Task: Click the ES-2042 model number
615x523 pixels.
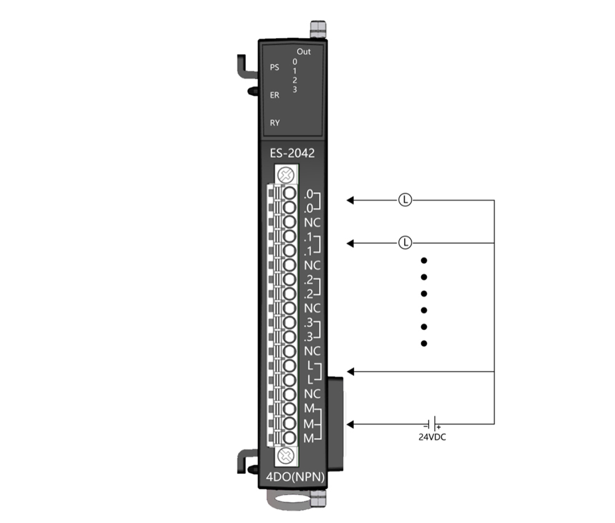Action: coord(292,153)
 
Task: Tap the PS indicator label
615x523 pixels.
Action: coord(274,68)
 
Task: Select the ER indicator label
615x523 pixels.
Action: coord(274,95)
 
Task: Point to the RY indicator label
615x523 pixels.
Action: coord(274,123)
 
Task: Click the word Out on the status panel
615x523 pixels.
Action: coord(304,52)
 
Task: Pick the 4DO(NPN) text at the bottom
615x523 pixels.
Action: coord(295,477)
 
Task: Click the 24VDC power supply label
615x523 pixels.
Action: coord(432,437)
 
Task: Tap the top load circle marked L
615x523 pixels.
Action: coord(405,200)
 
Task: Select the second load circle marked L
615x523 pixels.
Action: coord(405,243)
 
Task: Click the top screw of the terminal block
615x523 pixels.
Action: coord(286,175)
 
